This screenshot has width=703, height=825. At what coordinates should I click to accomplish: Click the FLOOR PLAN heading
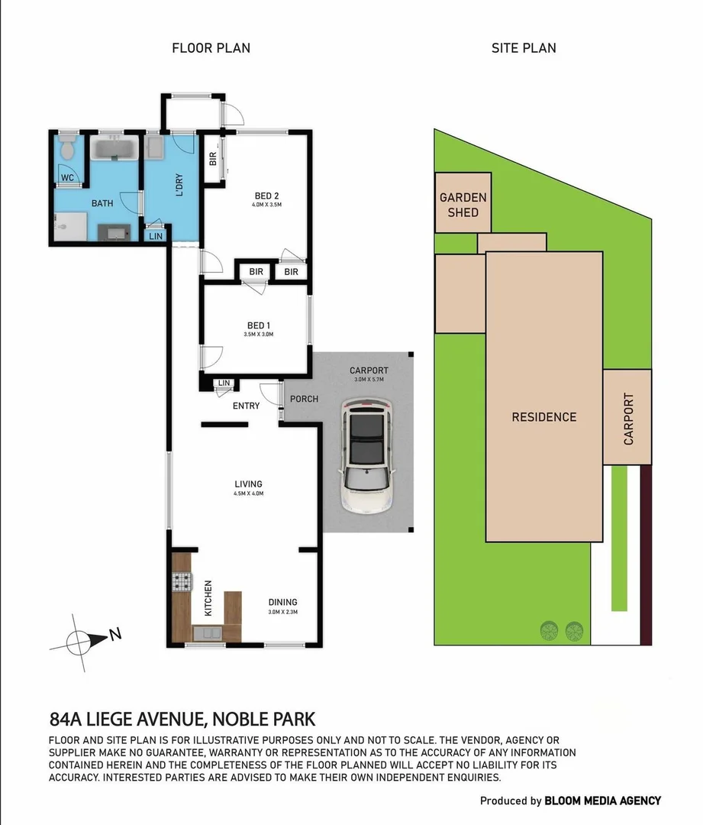tap(211, 48)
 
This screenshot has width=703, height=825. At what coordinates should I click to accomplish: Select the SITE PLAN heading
tap(523, 48)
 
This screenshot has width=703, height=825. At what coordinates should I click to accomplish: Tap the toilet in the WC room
tap(68, 145)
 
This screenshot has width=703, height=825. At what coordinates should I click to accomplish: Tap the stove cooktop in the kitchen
tap(182, 583)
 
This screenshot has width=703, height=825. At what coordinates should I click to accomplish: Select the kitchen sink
tap(207, 632)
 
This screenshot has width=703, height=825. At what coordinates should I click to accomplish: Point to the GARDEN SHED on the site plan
tap(463, 204)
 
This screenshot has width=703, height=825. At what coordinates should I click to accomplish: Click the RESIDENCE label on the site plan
tap(543, 417)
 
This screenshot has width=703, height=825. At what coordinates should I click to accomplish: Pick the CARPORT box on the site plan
tap(627, 418)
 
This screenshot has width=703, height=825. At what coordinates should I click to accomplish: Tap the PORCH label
tap(305, 399)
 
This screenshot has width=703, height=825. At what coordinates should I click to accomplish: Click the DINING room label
tap(282, 602)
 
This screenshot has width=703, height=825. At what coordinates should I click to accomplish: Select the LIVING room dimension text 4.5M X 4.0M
tap(249, 493)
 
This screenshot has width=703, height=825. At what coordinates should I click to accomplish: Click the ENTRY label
tap(246, 406)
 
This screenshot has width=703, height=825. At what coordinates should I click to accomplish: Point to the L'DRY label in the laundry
tap(179, 187)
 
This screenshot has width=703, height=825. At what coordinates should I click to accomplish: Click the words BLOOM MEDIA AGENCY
tap(602, 801)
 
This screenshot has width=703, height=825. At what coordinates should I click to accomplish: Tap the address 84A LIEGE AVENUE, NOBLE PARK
tap(182, 719)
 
